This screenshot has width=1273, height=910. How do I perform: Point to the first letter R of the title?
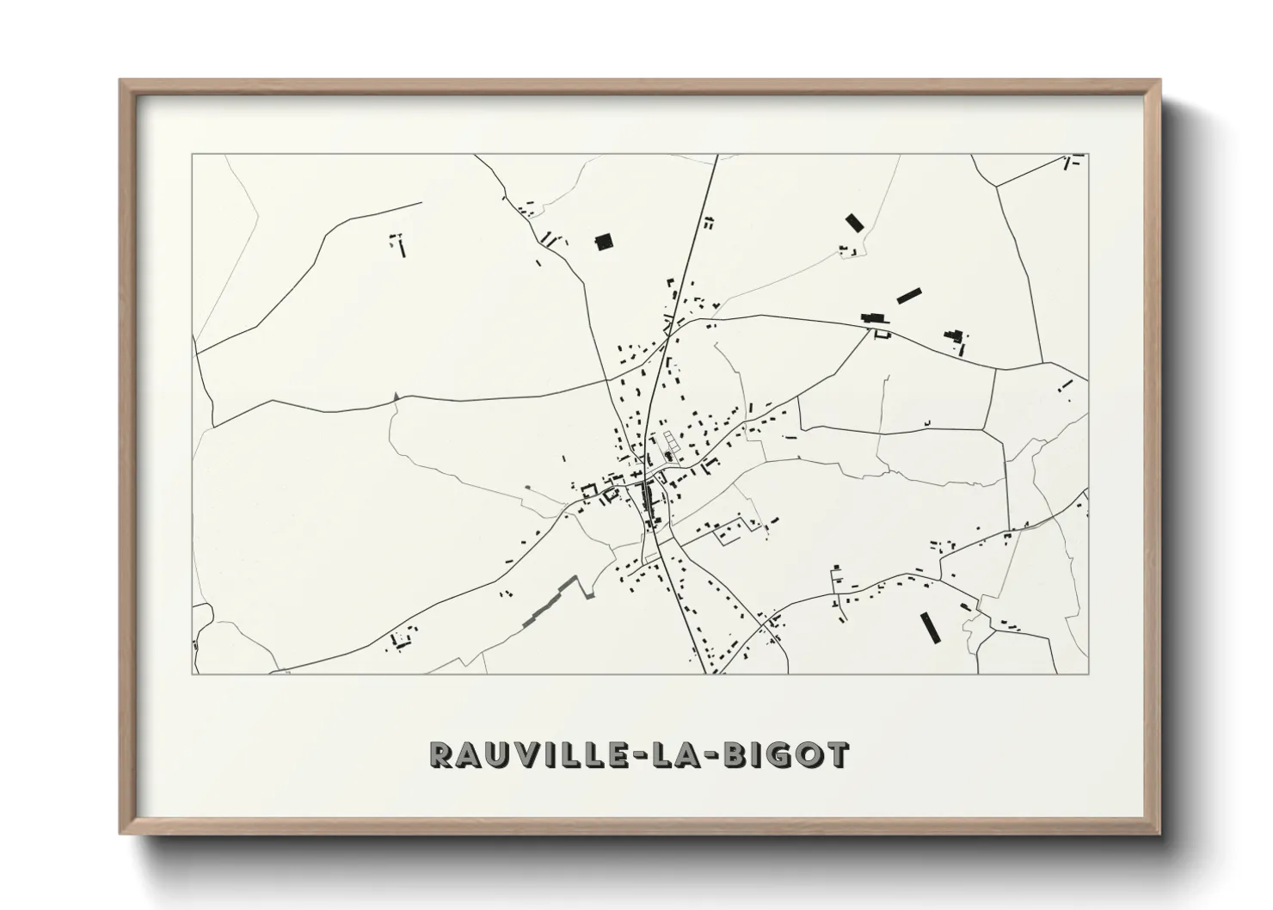[440, 755]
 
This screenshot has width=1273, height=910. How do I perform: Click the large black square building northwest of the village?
[605, 242]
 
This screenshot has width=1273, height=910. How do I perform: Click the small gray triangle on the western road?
[396, 396]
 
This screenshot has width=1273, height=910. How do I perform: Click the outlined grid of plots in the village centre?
[670, 441]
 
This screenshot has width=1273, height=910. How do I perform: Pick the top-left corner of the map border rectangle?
[192, 155]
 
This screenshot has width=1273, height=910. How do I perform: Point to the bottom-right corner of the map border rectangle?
[1088, 673]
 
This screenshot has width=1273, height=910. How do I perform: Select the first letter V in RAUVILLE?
[516, 755]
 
